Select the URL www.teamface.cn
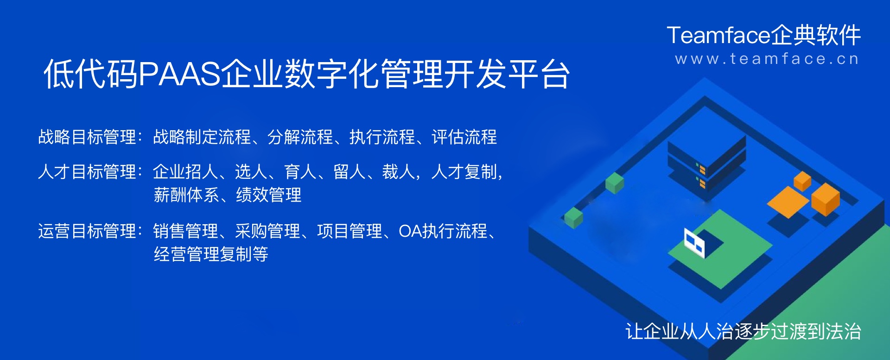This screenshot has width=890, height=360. [x=767, y=59]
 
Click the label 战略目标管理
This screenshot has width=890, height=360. [x=87, y=137]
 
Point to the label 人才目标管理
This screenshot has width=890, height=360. [x=87, y=172]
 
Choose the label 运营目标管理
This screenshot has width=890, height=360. [x=87, y=231]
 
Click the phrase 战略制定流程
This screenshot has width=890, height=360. [x=202, y=137]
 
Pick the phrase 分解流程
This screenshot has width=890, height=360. [x=300, y=137]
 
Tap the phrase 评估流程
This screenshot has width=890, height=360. [x=464, y=137]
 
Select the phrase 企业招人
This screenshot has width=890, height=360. [x=185, y=172]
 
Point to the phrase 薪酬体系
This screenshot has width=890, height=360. [x=186, y=195]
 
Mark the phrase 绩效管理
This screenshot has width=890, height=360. [x=268, y=195]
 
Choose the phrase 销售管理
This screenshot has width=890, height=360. [x=185, y=231]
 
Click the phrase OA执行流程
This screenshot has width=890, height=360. [x=443, y=231]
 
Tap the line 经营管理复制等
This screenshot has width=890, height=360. [x=211, y=254]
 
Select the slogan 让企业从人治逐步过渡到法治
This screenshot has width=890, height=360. [x=743, y=332]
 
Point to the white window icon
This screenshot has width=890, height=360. [x=694, y=242]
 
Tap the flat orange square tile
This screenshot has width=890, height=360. [x=788, y=202]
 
